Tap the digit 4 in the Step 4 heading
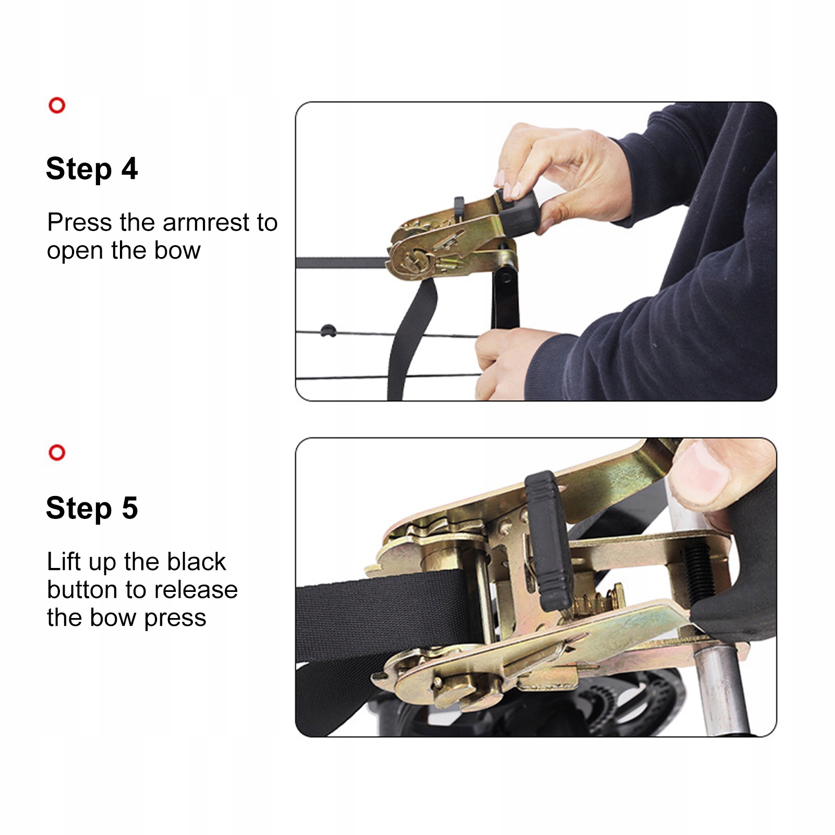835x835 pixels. point(129,168)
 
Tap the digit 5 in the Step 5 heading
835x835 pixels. point(130,508)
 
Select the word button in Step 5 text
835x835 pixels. point(82,590)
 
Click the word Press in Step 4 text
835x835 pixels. point(79,222)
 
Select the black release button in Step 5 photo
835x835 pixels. point(549,539)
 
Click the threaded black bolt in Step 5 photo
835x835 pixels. point(698,573)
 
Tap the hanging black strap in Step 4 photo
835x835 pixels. point(413,339)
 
